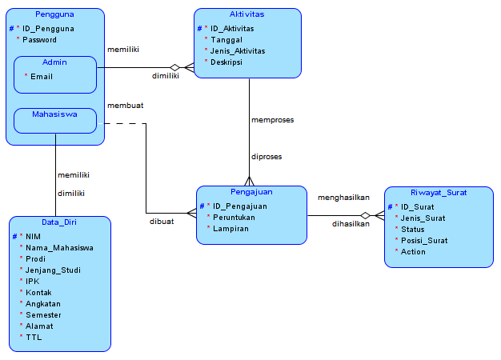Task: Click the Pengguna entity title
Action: pyautogui.click(x=54, y=15)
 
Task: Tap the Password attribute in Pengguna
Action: pyautogui.click(x=40, y=39)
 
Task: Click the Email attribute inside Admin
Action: pyautogui.click(x=42, y=76)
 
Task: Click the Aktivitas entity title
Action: pyautogui.click(x=247, y=14)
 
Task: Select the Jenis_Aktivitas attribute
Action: pyautogui.click(x=238, y=50)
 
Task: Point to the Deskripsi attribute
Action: pyautogui.click(x=226, y=62)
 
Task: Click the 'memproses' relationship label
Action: pyautogui.click(x=272, y=120)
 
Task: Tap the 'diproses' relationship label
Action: pyautogui.click(x=266, y=157)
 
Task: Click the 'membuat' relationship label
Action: pyautogui.click(x=125, y=105)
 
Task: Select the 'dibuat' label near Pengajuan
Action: pyautogui.click(x=161, y=222)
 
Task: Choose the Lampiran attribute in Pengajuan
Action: pyautogui.click(x=231, y=228)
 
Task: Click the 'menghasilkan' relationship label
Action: pyautogui.click(x=343, y=197)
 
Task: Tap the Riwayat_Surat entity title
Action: pyautogui.click(x=438, y=193)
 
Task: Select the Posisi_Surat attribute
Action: pyautogui.click(x=424, y=240)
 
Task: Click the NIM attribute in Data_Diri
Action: pyautogui.click(x=33, y=236)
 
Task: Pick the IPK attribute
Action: pyautogui.click(x=33, y=281)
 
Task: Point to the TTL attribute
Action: pyautogui.click(x=33, y=337)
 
